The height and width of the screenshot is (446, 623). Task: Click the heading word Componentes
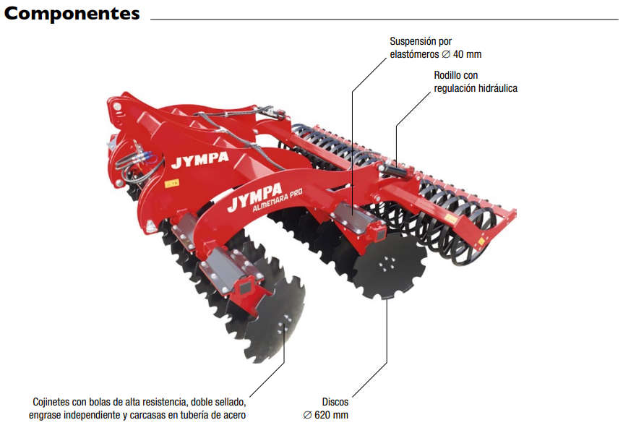(x=72, y=14)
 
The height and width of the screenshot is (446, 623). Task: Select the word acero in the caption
(x=233, y=415)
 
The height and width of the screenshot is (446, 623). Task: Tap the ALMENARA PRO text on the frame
(x=279, y=202)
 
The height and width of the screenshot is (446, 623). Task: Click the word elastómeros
(x=415, y=54)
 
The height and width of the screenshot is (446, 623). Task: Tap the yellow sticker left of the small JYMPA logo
(x=171, y=184)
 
